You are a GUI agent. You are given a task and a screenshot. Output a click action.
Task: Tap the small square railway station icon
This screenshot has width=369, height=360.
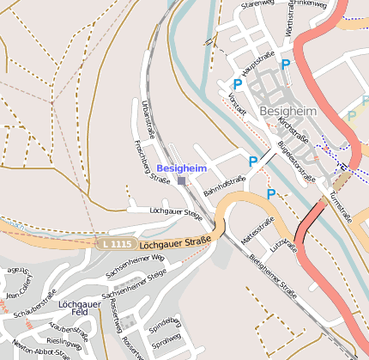click(181, 180)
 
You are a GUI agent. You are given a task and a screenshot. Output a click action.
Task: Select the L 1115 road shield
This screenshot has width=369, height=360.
click(116, 245)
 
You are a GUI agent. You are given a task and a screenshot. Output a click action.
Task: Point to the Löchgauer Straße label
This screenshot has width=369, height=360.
click(175, 242)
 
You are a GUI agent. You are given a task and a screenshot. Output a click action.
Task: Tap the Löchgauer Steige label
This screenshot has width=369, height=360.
click(175, 211)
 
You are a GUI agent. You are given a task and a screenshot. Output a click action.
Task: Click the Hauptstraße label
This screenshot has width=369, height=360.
click(256, 66)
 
